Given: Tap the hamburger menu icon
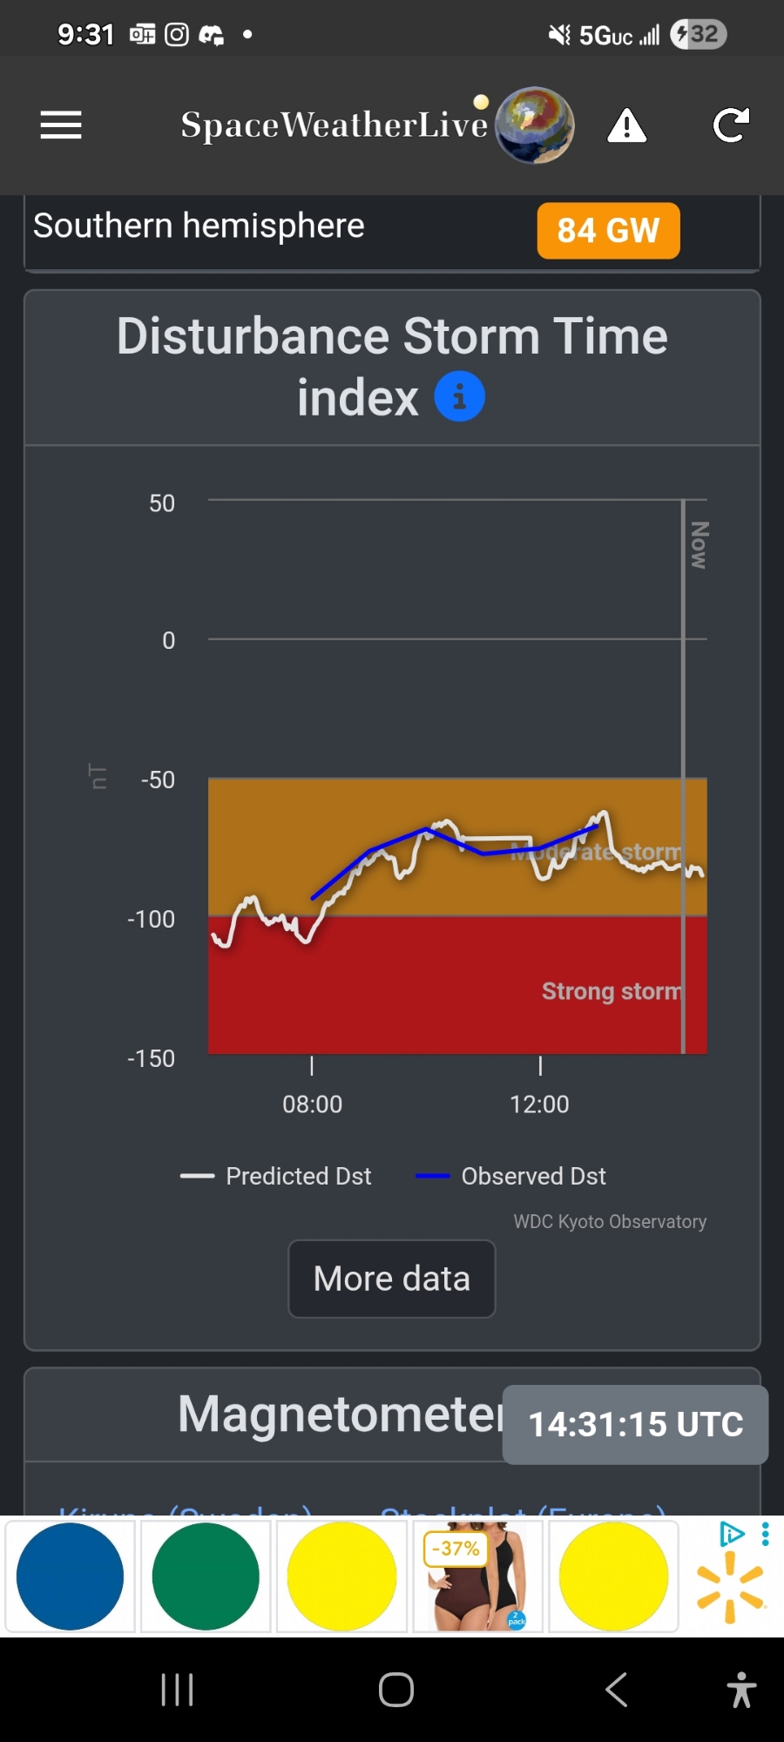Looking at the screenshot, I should click(x=61, y=125).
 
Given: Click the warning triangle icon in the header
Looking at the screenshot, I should click(x=626, y=126).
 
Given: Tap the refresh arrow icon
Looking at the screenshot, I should click(x=731, y=125).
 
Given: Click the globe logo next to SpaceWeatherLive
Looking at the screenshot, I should click(x=535, y=125).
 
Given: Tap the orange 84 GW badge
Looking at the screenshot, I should click(x=608, y=231).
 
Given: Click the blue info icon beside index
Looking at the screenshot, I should click(x=459, y=396).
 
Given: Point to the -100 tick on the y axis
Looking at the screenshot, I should click(x=152, y=919).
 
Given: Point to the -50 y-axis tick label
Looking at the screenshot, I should click(x=158, y=780).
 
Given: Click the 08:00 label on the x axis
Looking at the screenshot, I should click(x=312, y=1104).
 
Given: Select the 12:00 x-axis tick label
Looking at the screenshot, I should click(x=539, y=1104).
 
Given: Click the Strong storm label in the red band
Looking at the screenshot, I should click(x=611, y=991).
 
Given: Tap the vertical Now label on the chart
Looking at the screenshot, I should click(x=699, y=545).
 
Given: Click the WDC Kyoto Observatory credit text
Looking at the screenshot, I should click(x=610, y=1221).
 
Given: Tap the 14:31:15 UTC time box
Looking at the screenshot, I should click(x=635, y=1424).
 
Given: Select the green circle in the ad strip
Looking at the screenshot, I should click(x=206, y=1577).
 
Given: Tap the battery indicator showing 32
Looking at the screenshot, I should click(x=699, y=35).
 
